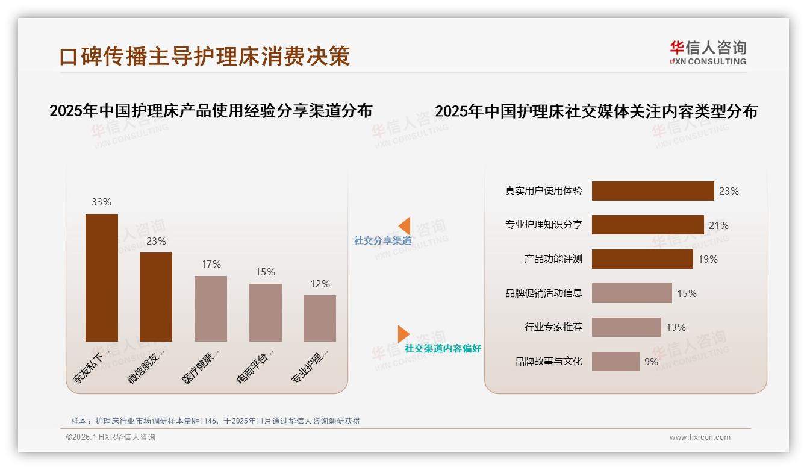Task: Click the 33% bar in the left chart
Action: (102, 277)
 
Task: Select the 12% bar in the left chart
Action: (320, 318)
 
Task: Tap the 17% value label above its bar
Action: (211, 264)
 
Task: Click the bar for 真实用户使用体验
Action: (652, 191)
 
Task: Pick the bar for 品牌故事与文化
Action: (615, 362)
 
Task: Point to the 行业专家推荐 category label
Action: (553, 328)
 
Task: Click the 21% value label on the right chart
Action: (718, 225)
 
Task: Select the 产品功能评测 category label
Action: (553, 259)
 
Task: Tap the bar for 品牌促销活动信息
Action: (631, 293)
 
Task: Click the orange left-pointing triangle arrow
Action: (405, 226)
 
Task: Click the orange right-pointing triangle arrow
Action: (403, 334)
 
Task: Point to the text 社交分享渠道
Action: (382, 241)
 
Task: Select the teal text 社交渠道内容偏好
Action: (443, 349)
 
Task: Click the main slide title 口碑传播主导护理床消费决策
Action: (205, 57)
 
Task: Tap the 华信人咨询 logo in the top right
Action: (708, 52)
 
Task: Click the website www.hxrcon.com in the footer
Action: (700, 437)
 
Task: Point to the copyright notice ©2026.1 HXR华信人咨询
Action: (111, 437)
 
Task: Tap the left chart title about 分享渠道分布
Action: (211, 111)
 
